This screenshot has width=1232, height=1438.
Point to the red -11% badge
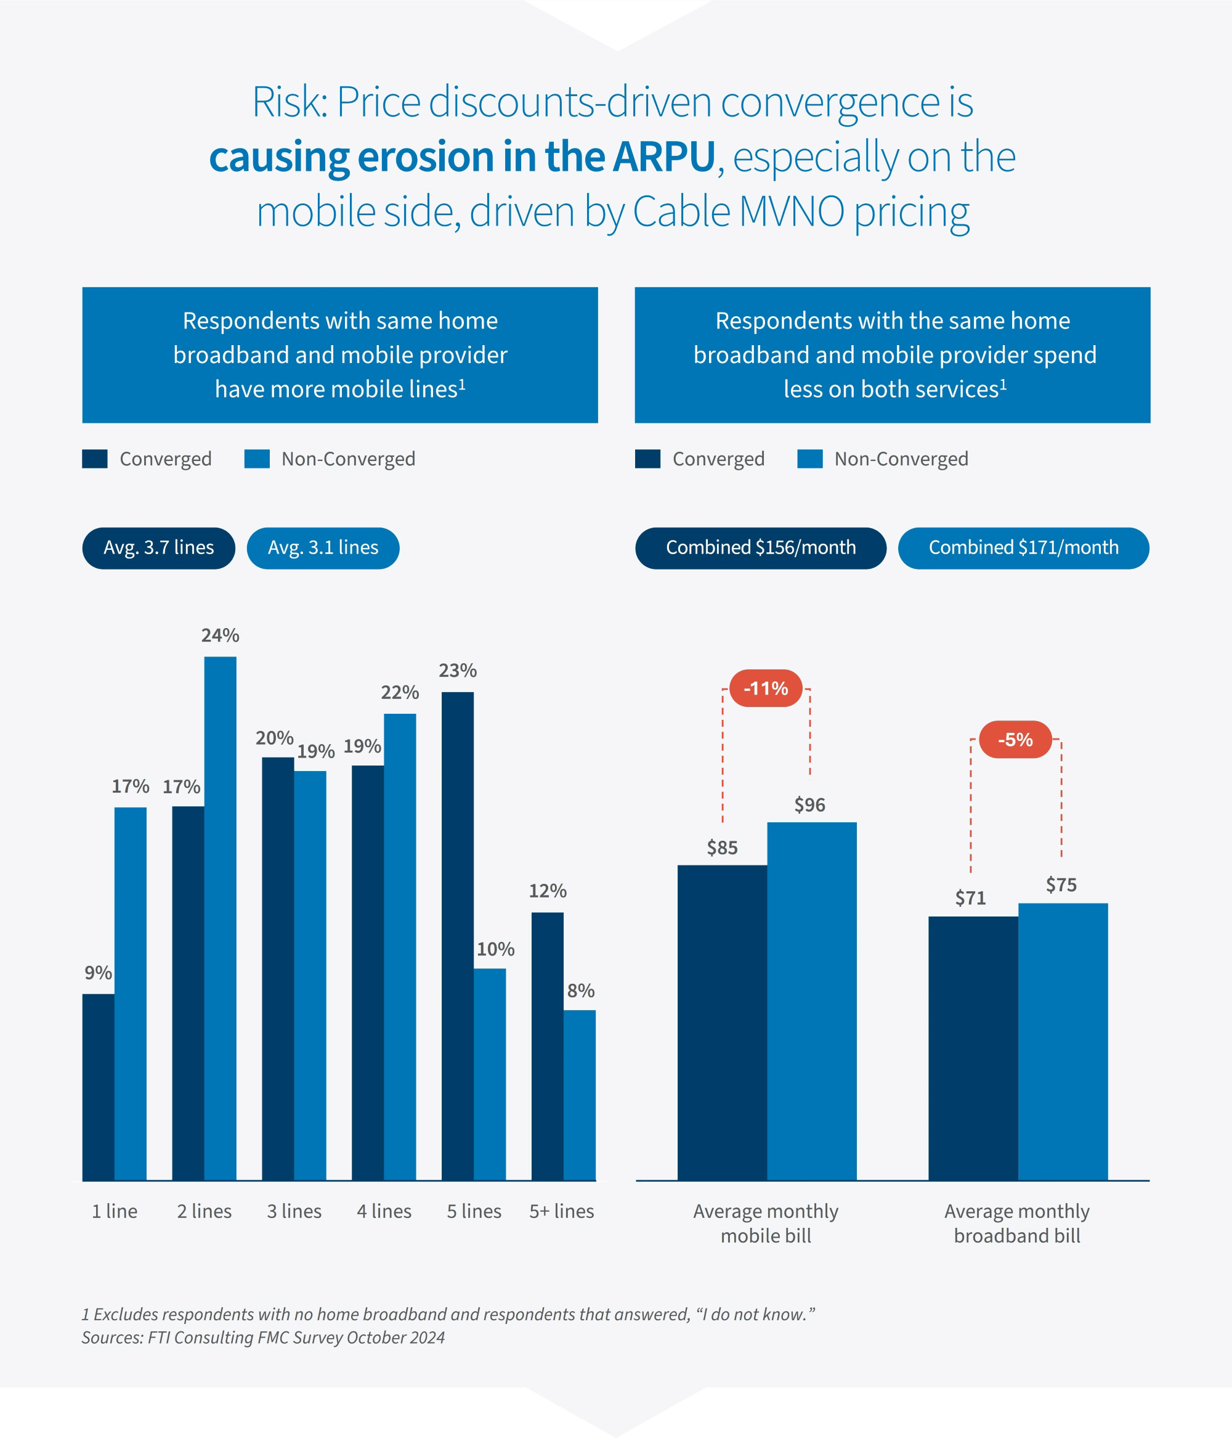766,688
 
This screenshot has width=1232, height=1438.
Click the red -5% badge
1015,739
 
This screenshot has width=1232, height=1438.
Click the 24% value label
220,635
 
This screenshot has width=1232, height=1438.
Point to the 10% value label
495,949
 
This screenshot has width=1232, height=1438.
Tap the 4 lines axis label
384,1211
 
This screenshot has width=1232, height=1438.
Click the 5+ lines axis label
561,1211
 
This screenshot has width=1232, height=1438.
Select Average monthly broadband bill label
1016,1223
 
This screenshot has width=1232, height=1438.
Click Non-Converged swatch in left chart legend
257,459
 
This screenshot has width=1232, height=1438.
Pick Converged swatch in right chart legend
647,459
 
